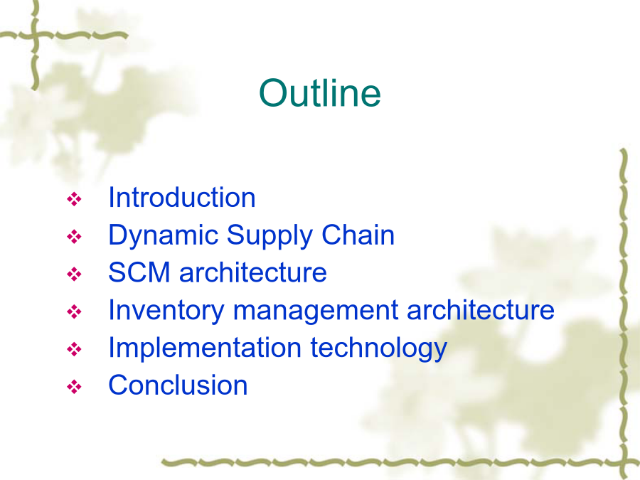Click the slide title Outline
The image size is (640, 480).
tap(320, 93)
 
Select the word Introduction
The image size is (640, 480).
tap(182, 198)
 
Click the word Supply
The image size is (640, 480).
tap(270, 236)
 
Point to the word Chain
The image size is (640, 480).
tap(358, 235)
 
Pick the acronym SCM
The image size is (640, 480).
tap(139, 272)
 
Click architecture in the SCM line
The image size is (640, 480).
tap(253, 272)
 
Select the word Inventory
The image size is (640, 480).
tap(166, 311)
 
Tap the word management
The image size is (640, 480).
tap(315, 311)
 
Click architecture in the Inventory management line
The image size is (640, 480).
tap(481, 310)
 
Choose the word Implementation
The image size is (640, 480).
tap(205, 348)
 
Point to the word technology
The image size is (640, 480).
tap(379, 348)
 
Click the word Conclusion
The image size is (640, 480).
tap(178, 385)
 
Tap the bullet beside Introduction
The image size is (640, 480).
tap(74, 199)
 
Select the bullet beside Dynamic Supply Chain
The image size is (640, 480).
tap(74, 237)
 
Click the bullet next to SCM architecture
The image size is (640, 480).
tap(74, 274)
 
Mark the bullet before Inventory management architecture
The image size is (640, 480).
tap(74, 312)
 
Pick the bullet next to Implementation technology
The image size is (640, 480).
tap(74, 349)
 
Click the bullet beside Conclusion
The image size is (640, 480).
tap(74, 387)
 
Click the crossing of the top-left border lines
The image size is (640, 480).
tap(35, 36)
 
